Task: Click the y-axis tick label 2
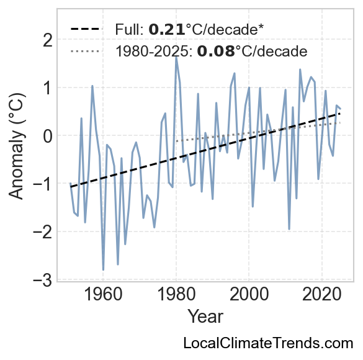coord(48,41)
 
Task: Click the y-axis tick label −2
coord(43,232)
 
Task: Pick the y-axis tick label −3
coord(43,280)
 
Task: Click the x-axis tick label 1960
coord(103,295)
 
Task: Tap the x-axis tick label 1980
coord(176,295)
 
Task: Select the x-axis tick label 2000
coord(249,295)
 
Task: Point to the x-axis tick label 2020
coord(322,295)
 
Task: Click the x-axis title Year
coord(205,317)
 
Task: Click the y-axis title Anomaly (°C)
coord(16,146)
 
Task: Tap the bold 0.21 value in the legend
coord(167,30)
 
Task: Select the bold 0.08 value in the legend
coord(216,51)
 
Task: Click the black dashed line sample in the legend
coord(86,29)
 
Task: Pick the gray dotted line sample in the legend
coord(86,51)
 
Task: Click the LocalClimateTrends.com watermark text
coord(268,343)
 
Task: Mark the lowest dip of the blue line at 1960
coord(103,270)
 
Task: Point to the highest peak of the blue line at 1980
coord(176,57)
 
